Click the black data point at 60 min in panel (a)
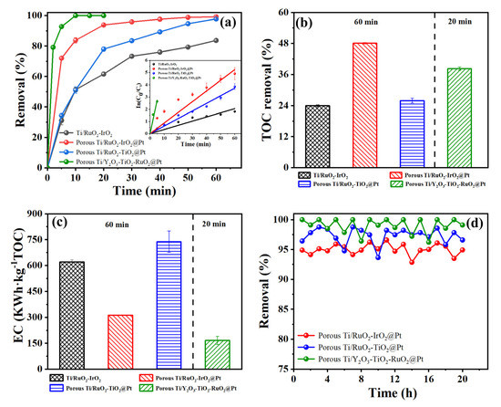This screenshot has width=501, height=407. click(x=216, y=40)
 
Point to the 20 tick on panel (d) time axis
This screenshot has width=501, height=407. click(x=463, y=379)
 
